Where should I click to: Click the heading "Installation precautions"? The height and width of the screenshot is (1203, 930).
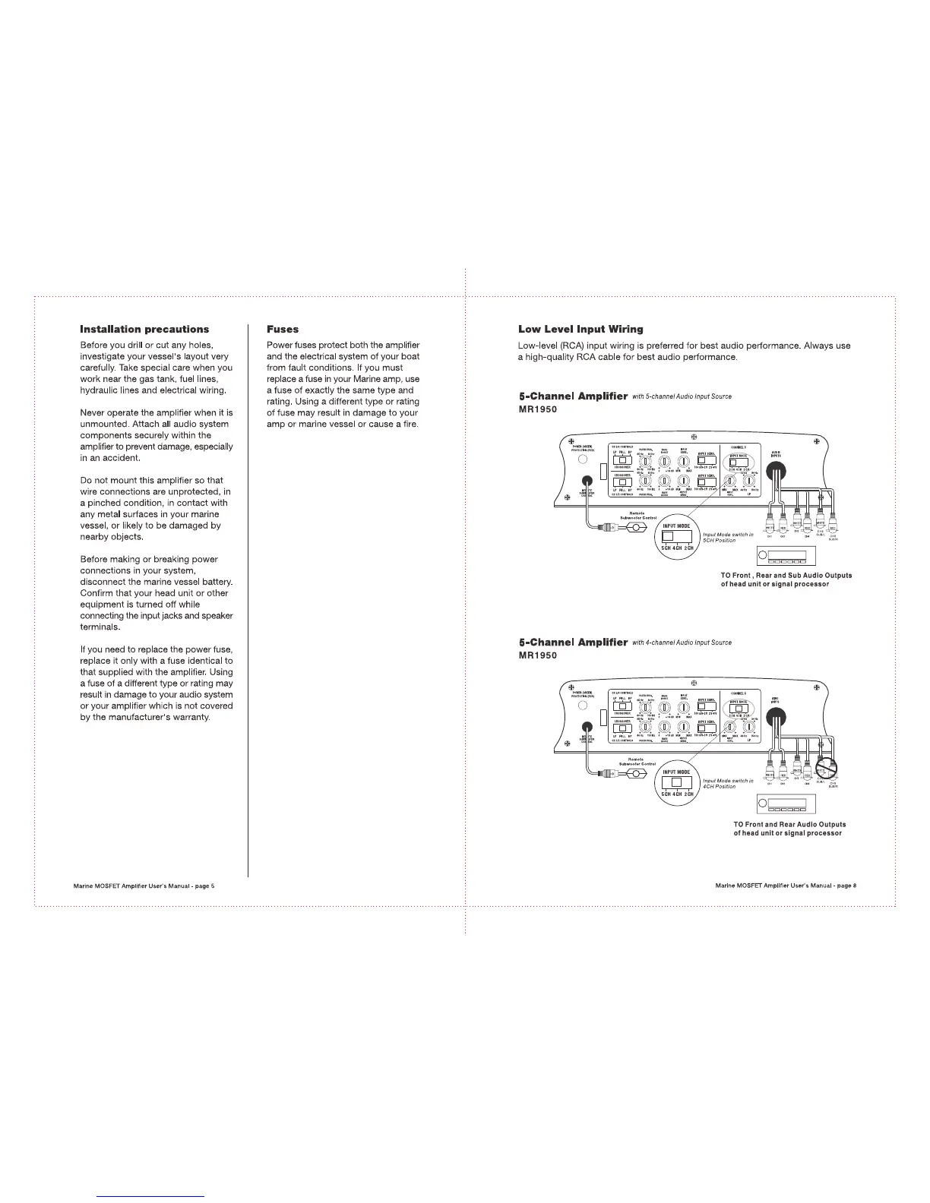coord(144,330)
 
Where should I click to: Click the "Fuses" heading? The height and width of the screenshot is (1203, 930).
coord(283,330)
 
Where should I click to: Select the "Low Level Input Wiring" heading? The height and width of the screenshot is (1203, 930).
coord(580,330)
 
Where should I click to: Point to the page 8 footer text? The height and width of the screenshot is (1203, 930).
coord(786,886)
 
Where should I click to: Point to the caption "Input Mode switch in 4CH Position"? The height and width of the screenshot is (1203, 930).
coord(728,783)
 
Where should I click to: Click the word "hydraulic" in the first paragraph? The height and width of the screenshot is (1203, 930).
coord(103,390)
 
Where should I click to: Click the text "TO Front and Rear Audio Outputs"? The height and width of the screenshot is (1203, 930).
coord(789,824)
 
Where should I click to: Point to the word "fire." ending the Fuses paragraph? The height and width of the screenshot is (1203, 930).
coord(409,424)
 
